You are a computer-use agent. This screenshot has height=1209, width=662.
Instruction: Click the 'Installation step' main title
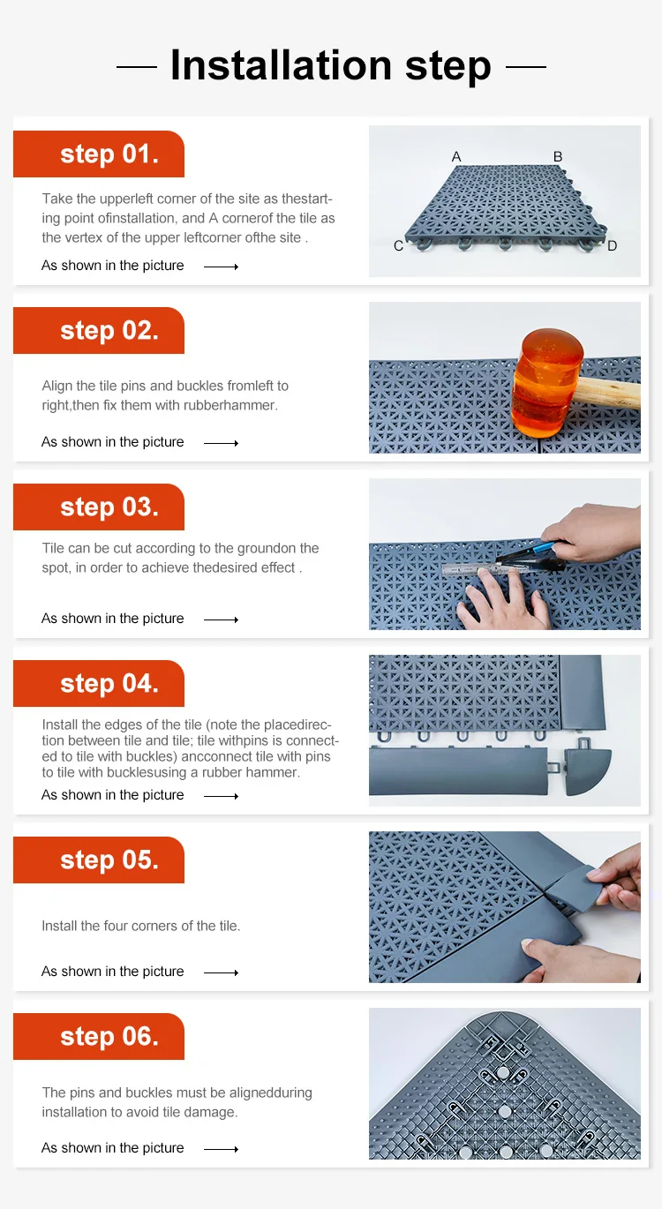pos(330,66)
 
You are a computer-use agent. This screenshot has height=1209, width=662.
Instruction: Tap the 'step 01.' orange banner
pos(99,154)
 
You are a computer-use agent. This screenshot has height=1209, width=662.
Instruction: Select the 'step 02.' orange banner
pos(99,330)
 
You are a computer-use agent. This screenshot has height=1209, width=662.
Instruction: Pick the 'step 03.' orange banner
pos(99,507)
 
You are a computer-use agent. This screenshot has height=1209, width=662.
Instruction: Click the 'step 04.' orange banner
pos(99,683)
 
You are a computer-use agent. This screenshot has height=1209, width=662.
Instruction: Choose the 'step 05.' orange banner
pos(99,860)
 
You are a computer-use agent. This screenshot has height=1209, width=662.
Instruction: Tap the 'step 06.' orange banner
pos(99,1036)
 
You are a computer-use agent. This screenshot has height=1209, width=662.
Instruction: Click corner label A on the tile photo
pos(456,156)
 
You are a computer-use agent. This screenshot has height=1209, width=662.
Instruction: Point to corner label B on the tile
pos(558,156)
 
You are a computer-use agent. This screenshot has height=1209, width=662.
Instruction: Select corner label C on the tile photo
pos(398,246)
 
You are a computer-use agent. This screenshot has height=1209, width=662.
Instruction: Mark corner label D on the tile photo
pos(612,246)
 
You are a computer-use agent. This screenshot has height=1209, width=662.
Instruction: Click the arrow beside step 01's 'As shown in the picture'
pos(221,267)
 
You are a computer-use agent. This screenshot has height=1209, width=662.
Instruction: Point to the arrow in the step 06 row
pos(221,1149)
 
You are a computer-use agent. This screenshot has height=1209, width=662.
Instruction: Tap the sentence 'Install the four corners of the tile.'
pos(141,926)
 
